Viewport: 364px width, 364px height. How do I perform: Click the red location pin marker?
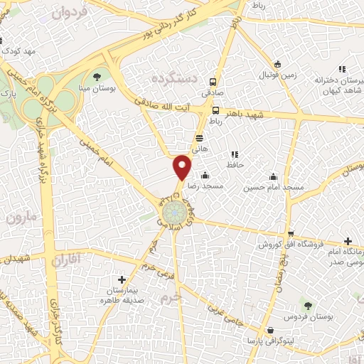[x=183, y=167]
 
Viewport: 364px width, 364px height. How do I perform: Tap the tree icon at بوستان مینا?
[x=97, y=76]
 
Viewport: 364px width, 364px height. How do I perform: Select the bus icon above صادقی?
[x=211, y=81]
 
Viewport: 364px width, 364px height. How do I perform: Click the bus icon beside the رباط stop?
[x=215, y=110]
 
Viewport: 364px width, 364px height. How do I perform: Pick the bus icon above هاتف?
[x=199, y=137]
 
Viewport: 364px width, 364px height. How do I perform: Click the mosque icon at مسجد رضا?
[x=205, y=175]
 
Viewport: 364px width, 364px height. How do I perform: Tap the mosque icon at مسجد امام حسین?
[x=273, y=176]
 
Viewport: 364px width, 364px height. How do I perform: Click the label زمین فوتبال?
[x=271, y=75]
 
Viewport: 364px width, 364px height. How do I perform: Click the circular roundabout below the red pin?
[x=176, y=213]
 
